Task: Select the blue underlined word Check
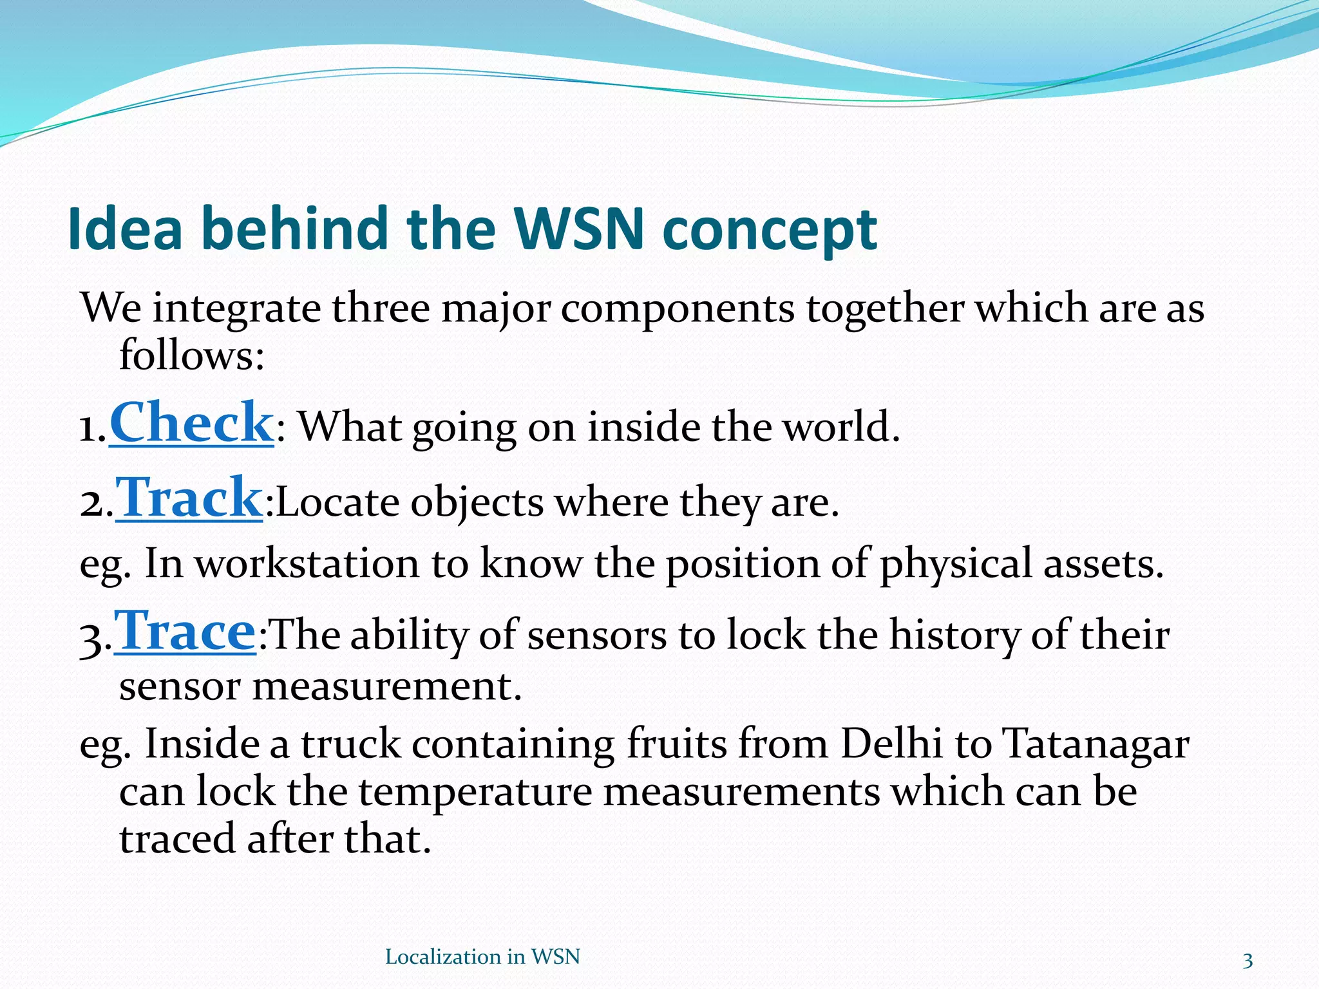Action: click(192, 423)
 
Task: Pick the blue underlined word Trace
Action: click(185, 632)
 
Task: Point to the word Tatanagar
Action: click(1096, 746)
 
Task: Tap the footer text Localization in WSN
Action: click(482, 957)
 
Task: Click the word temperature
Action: click(475, 793)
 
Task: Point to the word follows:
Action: click(192, 355)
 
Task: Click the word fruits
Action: click(677, 744)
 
